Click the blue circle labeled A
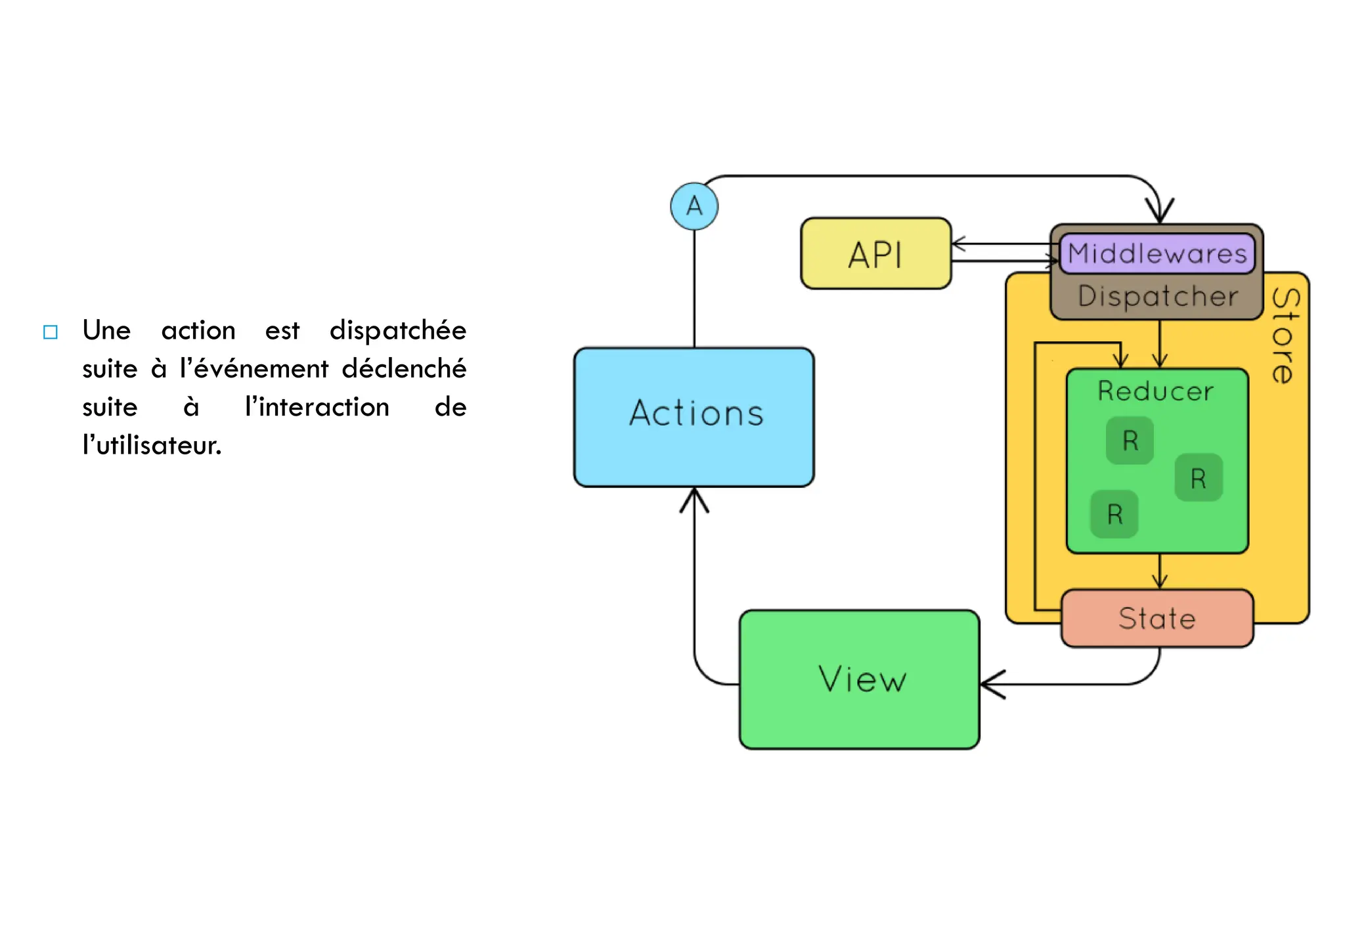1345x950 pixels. [694, 206]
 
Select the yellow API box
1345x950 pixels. [875, 253]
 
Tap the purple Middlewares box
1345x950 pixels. [1157, 253]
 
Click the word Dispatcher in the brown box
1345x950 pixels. [1158, 296]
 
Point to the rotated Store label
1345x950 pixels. [1284, 335]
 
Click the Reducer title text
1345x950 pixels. [1156, 391]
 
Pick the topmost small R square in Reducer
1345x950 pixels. [1130, 441]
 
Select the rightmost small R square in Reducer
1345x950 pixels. [1198, 478]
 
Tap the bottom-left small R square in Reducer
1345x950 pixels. [1114, 514]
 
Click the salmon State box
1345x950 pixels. [1157, 618]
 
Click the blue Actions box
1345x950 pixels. [694, 417]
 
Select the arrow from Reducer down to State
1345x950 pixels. [1160, 571]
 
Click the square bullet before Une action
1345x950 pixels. [51, 332]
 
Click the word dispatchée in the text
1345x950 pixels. [397, 330]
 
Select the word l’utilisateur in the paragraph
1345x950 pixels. [152, 446]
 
